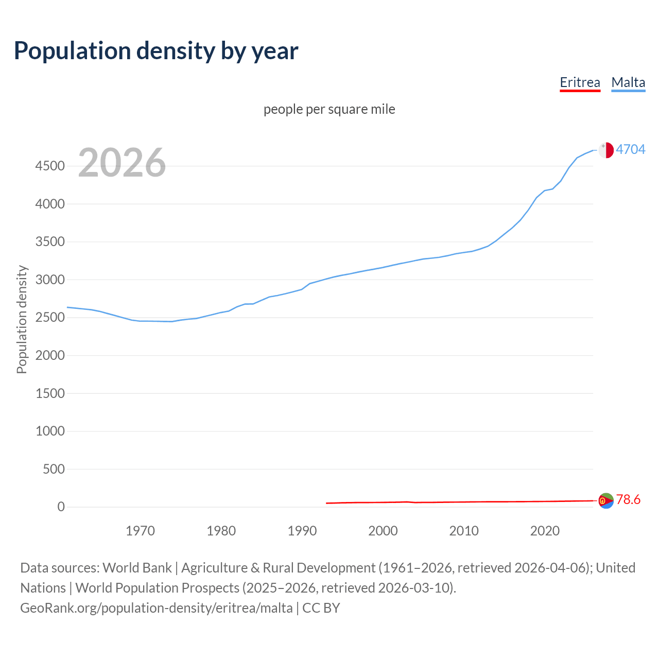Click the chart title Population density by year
point(156,51)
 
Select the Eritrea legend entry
point(580,82)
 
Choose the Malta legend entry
point(628,82)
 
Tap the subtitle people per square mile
point(329,109)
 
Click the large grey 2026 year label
point(122,163)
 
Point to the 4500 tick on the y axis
point(50,166)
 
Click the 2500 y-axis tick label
point(50,317)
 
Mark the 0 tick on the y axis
point(61,507)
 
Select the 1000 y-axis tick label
point(50,431)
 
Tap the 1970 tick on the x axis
point(140,531)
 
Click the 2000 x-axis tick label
point(383,531)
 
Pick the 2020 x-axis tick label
point(545,531)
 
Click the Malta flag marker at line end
point(606,150)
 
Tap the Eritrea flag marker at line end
point(606,500)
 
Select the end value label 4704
point(631,149)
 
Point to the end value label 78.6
point(628,499)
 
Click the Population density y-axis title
point(22,319)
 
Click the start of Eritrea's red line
point(327,503)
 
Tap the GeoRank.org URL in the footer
point(157,608)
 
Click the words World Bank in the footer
point(137,568)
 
